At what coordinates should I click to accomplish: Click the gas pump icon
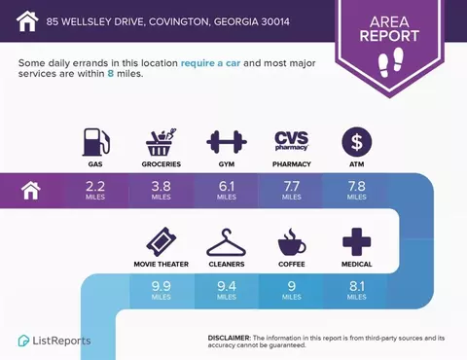tap(96, 142)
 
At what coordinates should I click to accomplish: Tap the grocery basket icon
tap(162, 142)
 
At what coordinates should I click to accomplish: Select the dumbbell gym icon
tap(227, 142)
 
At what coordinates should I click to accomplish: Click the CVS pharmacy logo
tap(292, 141)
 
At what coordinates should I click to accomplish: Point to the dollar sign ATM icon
tap(357, 142)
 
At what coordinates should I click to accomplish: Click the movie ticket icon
tap(162, 242)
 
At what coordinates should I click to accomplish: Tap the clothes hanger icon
tap(227, 242)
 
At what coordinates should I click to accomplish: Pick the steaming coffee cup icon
tap(292, 242)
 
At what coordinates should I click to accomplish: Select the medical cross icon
tap(357, 242)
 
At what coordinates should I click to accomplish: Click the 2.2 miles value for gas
tap(95, 190)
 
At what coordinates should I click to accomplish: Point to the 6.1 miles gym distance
tap(227, 190)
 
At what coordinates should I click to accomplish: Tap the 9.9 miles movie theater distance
tap(162, 290)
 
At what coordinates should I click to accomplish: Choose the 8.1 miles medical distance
tap(357, 290)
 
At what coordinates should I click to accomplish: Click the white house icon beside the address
tap(27, 21)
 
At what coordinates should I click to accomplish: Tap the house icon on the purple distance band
tap(31, 191)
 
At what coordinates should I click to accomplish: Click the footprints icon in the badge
tap(391, 62)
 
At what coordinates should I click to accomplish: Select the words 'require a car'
tap(210, 63)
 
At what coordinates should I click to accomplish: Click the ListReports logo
tap(54, 341)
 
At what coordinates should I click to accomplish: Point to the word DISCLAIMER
tap(229, 338)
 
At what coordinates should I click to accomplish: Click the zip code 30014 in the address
tap(275, 21)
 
